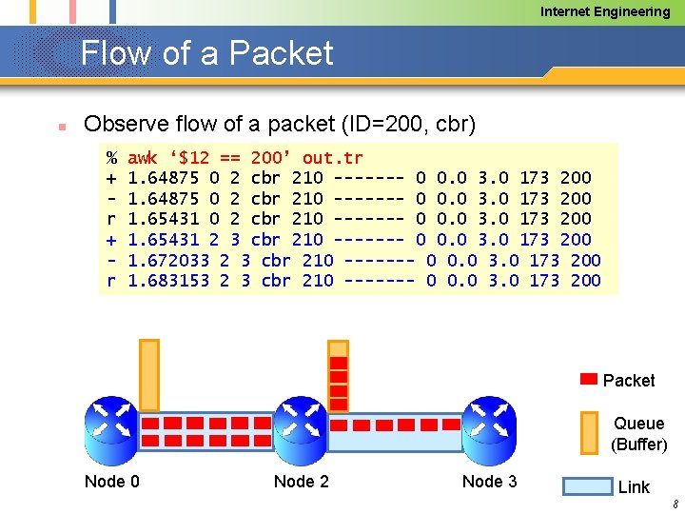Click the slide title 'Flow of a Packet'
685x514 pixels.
click(x=206, y=53)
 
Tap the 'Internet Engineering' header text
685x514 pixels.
click(x=605, y=11)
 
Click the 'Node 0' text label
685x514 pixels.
click(x=111, y=482)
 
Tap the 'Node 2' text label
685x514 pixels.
click(x=301, y=482)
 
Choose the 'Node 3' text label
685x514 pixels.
click(x=489, y=482)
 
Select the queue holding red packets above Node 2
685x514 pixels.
click(x=338, y=374)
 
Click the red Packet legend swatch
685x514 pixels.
click(x=590, y=380)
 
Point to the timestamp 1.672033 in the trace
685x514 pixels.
click(x=167, y=260)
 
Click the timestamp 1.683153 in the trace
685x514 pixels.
click(x=167, y=280)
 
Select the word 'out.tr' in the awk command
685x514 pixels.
click(x=332, y=158)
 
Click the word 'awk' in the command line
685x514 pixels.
click(x=142, y=158)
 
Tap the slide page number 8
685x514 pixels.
click(x=674, y=504)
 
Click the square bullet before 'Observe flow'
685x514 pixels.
click(x=59, y=126)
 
